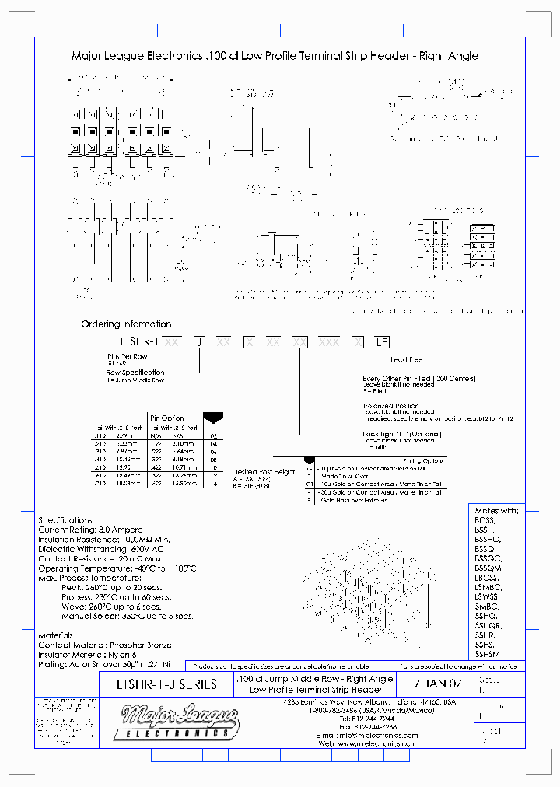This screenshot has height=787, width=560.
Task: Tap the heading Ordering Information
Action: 126,324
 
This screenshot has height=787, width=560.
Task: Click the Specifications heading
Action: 65,520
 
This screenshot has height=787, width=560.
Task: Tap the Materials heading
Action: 56,635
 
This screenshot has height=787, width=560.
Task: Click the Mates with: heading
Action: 495,510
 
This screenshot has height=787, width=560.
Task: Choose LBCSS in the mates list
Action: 485,577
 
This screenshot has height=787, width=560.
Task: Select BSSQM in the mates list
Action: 488,568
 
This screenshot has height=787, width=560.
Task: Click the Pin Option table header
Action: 166,418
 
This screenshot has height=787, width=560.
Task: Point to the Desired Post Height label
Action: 264,472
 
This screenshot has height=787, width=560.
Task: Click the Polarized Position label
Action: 390,406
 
